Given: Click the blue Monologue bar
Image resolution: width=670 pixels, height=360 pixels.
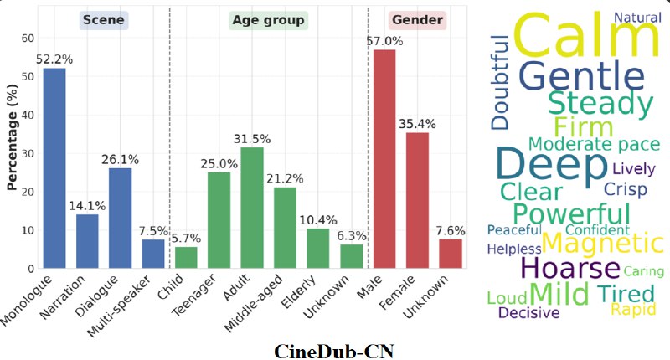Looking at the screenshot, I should pos(54,167).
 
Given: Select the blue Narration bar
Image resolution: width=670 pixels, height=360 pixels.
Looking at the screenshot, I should pos(87,241).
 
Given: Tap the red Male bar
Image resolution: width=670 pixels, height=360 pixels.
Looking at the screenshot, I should pos(384,159).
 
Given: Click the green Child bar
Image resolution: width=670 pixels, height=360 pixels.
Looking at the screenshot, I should pos(186,257).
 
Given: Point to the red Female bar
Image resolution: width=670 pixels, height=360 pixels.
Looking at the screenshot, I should pos(417,200).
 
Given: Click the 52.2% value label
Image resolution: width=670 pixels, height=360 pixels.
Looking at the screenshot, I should pos(54,59).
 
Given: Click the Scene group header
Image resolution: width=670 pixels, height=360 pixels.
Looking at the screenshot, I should pos(104,20).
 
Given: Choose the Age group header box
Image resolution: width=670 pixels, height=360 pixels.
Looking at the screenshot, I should pos(268,20).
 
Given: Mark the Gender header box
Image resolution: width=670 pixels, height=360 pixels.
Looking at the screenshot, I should pos(418,20).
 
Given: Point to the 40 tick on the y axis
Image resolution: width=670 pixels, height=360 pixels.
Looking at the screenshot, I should pos(28,115).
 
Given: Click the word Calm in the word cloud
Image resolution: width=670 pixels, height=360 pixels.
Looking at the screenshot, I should pos(585,39).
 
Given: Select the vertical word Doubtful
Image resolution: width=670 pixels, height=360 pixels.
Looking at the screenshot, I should pos(501,82).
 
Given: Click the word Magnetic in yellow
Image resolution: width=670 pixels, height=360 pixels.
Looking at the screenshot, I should pos(602,244).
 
